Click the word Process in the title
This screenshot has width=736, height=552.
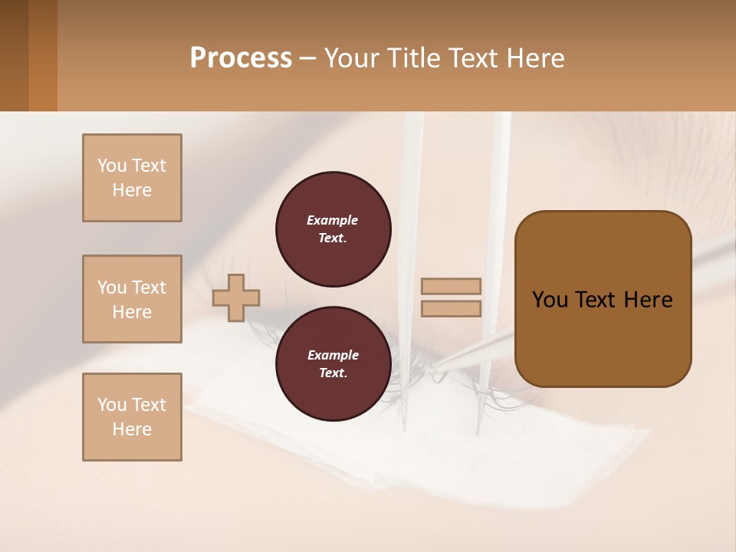[x=241, y=58]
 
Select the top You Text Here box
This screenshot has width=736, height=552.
[x=132, y=178]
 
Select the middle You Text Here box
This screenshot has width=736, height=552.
[x=132, y=299]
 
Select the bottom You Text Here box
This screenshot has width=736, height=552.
[x=132, y=417]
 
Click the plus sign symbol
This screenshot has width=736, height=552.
[x=236, y=297]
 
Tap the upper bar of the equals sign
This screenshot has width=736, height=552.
[x=451, y=286]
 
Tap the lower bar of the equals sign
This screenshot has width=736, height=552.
[x=451, y=308]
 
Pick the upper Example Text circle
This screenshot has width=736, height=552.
[x=333, y=229]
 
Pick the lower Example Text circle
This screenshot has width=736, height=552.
[x=333, y=364]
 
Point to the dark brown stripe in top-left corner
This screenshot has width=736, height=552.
[x=14, y=55]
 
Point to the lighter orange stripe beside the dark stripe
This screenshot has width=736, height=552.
[x=43, y=55]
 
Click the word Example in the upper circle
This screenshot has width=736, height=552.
[x=333, y=220]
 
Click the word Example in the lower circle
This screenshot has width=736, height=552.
[x=333, y=355]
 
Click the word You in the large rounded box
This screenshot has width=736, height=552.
[x=550, y=300]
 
